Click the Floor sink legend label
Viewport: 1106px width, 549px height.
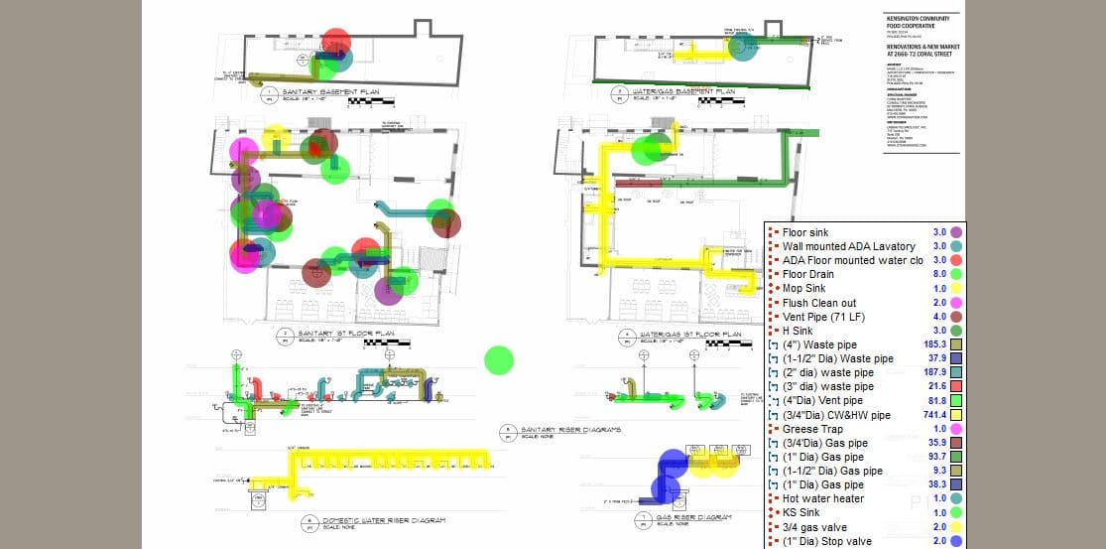pos(805,232)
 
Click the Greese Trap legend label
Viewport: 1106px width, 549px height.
pos(812,429)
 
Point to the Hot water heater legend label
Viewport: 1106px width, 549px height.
pos(822,498)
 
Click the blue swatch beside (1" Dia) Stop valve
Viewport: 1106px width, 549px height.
pos(955,541)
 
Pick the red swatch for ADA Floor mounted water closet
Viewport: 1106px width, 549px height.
pos(955,260)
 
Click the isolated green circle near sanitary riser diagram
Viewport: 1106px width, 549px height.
pos(499,360)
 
